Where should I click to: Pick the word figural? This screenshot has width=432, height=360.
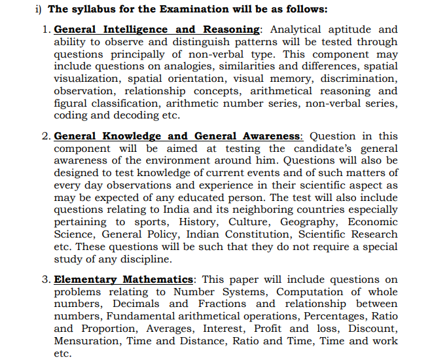(72, 103)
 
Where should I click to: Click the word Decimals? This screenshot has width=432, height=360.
(136, 304)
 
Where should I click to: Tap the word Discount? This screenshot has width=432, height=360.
(372, 329)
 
